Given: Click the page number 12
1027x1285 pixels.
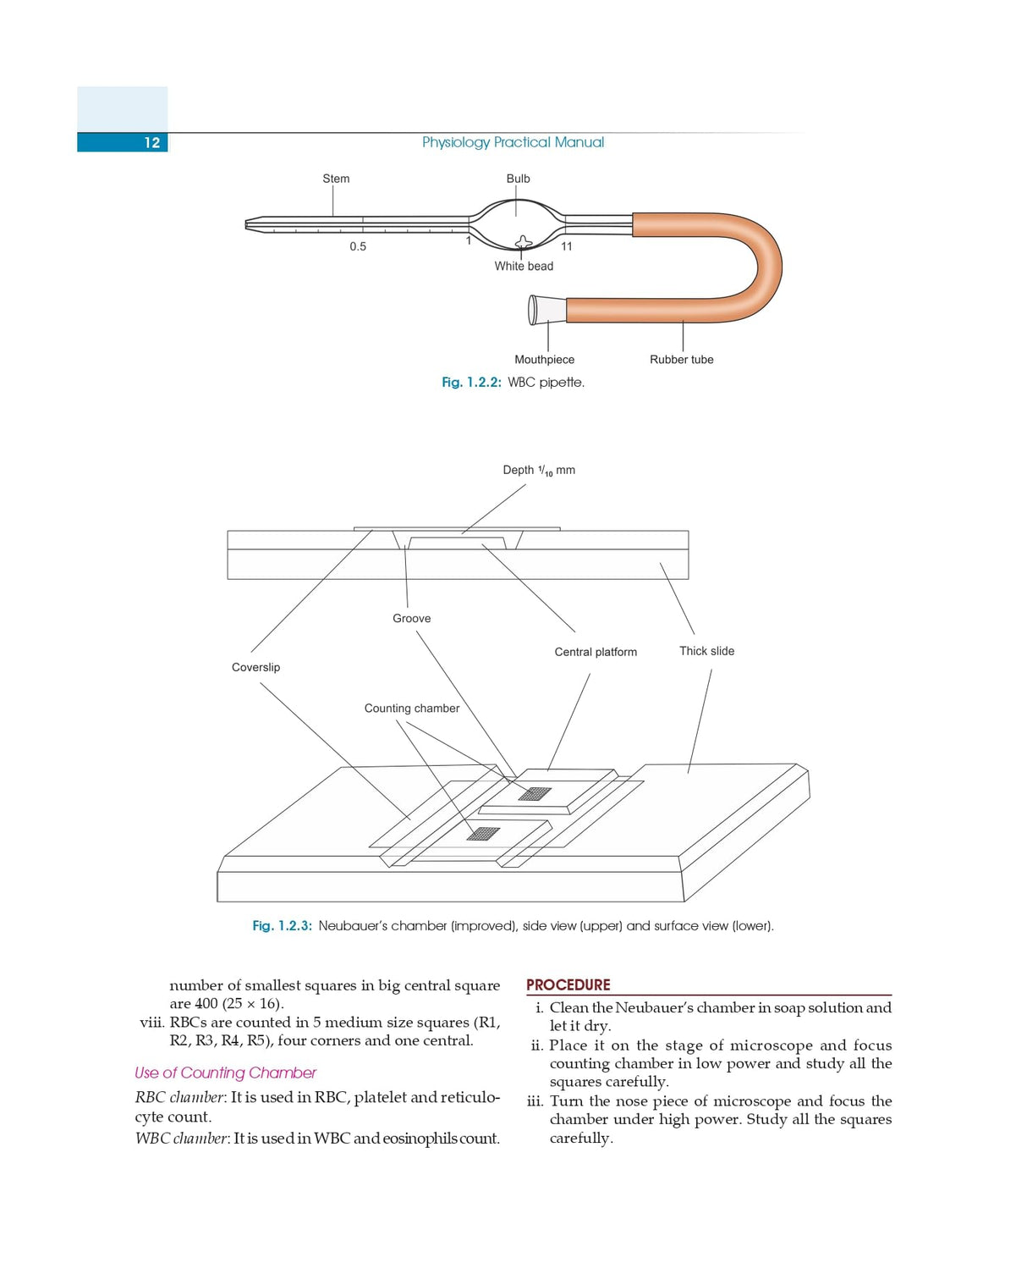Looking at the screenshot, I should [x=152, y=142].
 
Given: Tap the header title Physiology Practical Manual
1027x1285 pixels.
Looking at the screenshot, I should [x=513, y=142].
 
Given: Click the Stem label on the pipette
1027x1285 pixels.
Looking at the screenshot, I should [x=336, y=179].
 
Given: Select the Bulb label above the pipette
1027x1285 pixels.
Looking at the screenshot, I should [x=518, y=179].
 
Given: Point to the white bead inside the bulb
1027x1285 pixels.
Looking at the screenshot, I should [x=524, y=242].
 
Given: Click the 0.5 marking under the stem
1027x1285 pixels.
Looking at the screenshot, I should [x=358, y=246].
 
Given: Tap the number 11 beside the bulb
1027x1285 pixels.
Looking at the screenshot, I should [x=567, y=246].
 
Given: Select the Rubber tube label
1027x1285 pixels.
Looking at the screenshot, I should [x=681, y=360].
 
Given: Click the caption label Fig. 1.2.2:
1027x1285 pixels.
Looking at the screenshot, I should [x=471, y=383].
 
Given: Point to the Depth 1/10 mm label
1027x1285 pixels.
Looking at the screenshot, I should [x=539, y=470].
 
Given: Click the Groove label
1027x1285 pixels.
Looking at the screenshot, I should [x=411, y=619].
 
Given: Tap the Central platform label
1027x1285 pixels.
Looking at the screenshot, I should [x=596, y=652].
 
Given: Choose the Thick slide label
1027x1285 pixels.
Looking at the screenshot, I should [x=706, y=651].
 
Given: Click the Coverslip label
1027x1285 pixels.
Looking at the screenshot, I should [x=255, y=667].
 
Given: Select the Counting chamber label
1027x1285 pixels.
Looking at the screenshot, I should [x=411, y=709].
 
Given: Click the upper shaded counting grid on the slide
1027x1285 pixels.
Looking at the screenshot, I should [x=535, y=793].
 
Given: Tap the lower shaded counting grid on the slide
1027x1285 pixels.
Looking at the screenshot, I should [x=483, y=833].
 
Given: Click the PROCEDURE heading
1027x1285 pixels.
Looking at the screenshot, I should [x=568, y=985].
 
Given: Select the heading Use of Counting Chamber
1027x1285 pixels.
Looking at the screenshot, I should [x=225, y=1073].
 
